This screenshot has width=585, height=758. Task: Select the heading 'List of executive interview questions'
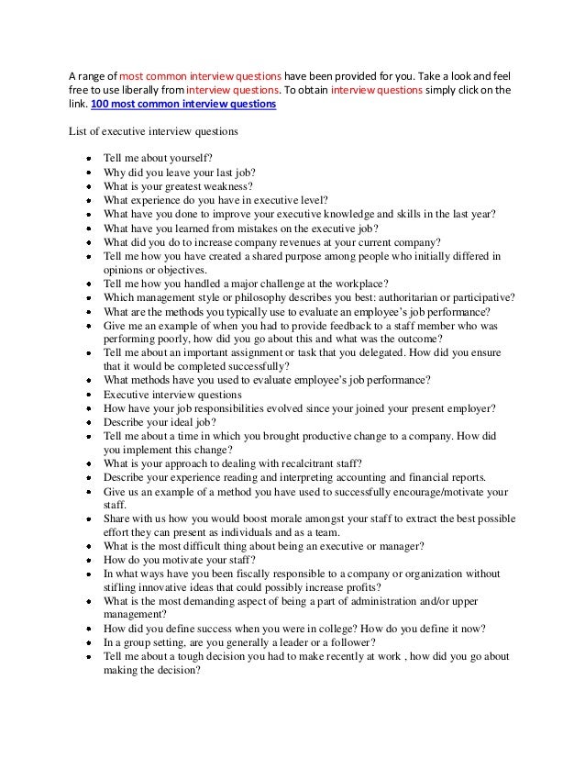click(154, 131)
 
